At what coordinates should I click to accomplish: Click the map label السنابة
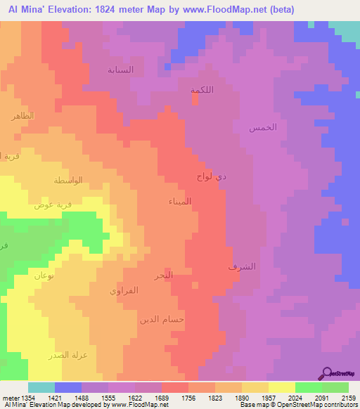pos(120,70)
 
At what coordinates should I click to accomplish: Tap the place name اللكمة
pos(202,90)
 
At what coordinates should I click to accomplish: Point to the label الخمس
pos(263,127)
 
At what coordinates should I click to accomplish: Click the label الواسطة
pos(68,181)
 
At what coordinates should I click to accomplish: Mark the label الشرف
pos(243,267)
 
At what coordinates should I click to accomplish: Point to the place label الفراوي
pos(124,290)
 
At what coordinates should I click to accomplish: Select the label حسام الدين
pos(162,319)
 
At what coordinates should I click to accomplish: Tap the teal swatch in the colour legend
pos(41,387)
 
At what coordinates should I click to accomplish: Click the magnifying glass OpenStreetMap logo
pos(326,373)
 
